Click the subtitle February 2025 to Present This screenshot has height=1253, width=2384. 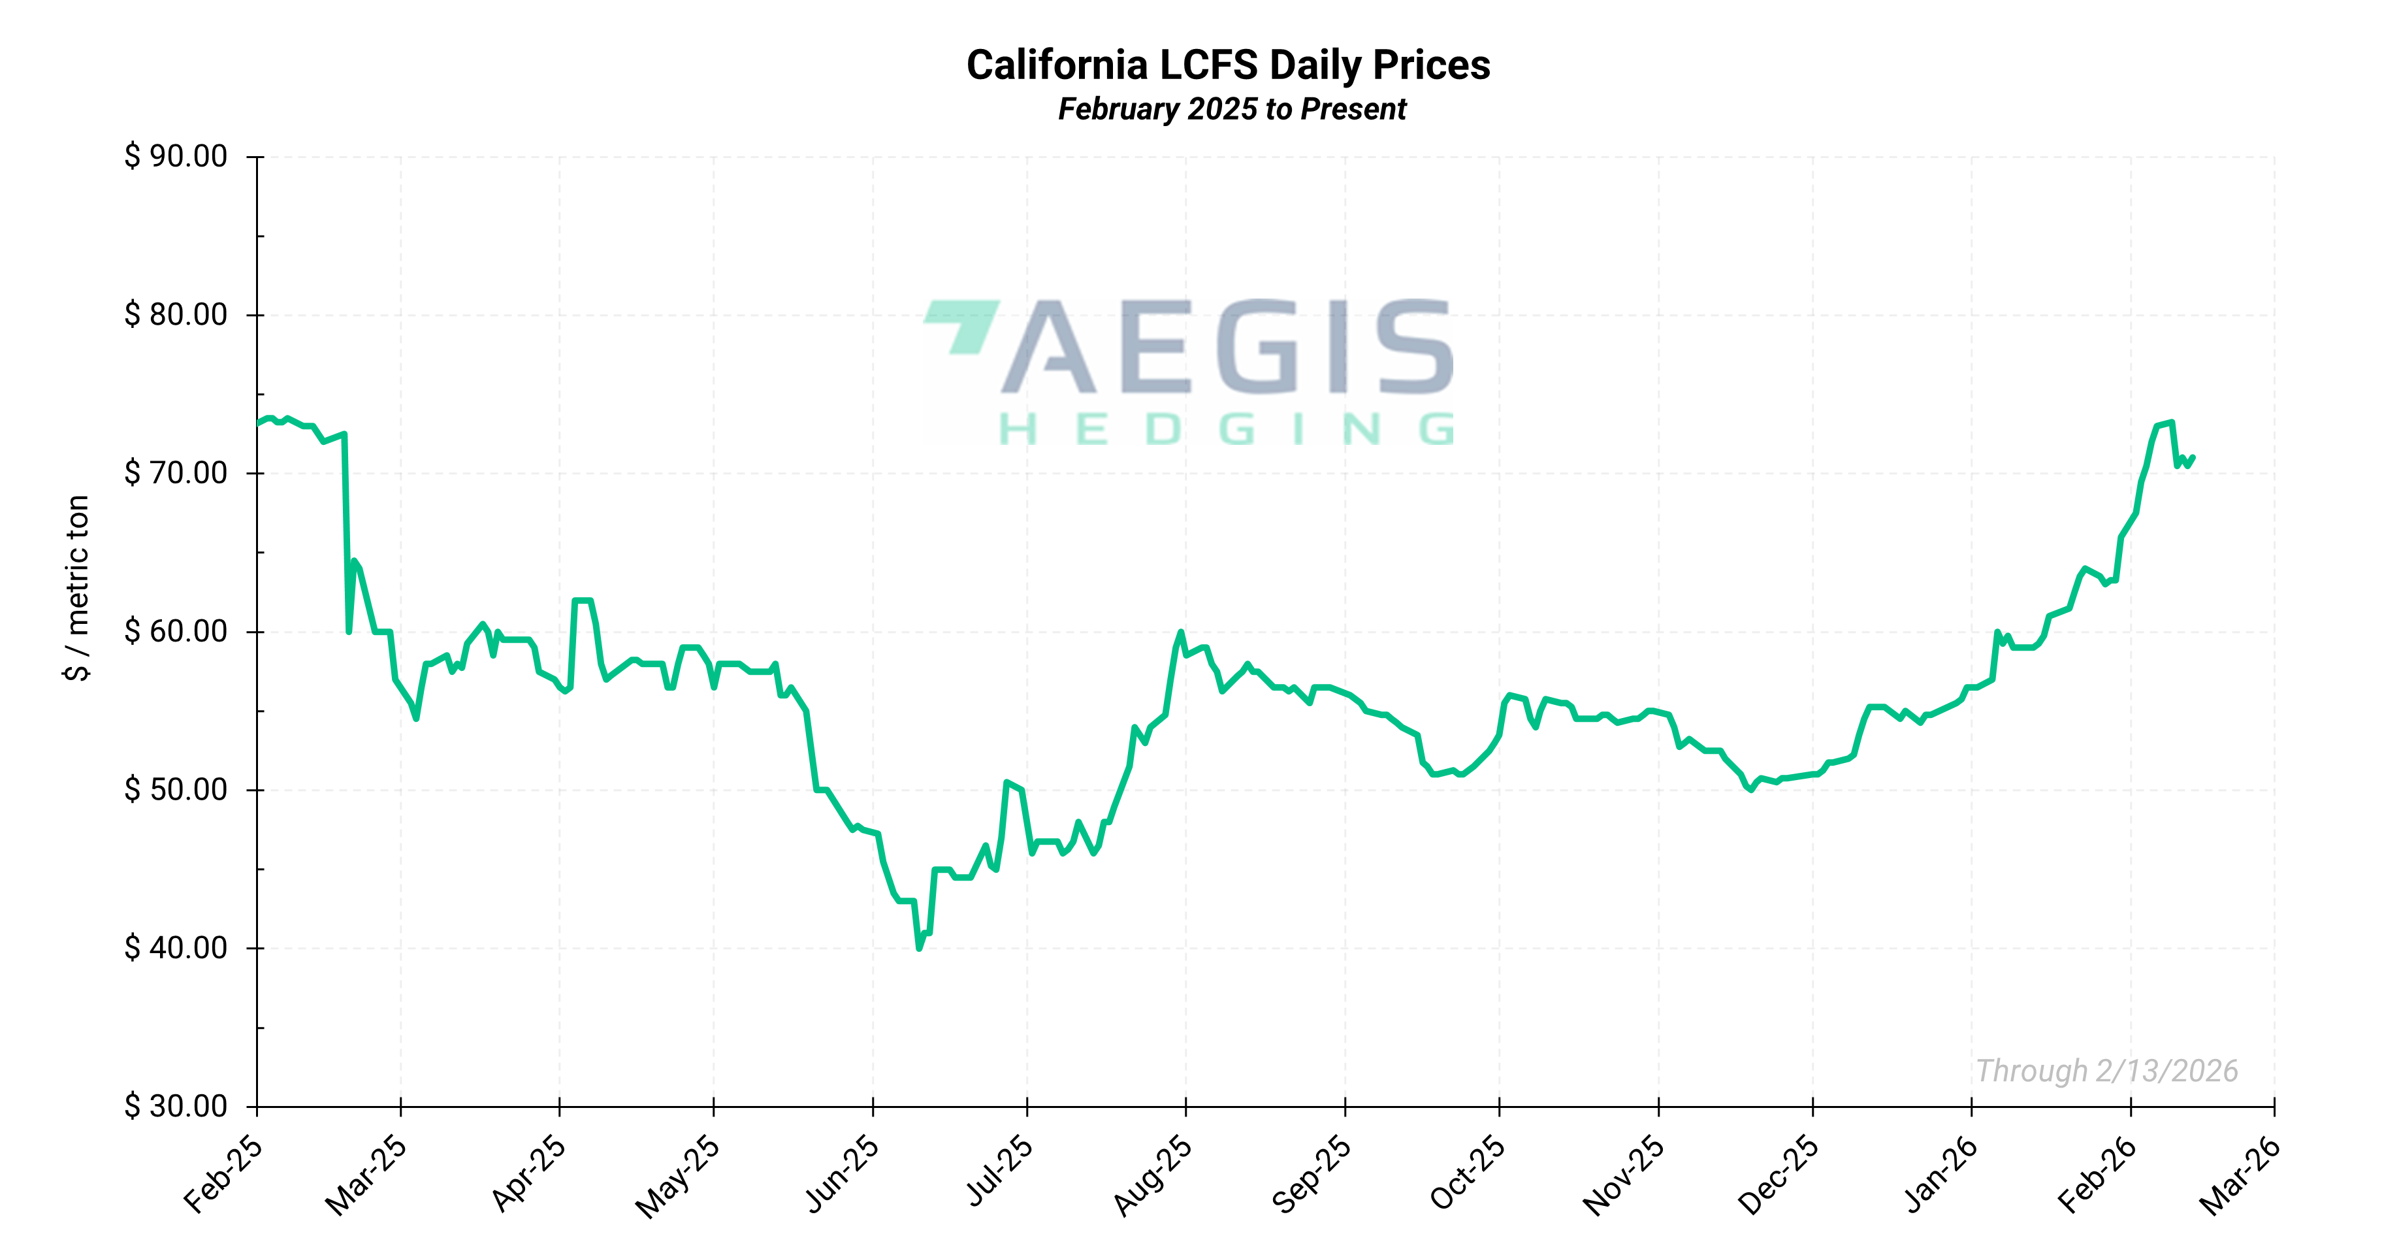1232,109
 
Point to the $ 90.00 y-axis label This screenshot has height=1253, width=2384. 176,156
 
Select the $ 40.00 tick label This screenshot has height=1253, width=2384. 176,948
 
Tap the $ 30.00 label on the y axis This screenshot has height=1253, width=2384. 176,1106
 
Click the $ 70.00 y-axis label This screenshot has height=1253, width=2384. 176,473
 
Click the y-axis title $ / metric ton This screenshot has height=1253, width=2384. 78,589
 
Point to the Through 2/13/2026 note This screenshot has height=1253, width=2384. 2106,1071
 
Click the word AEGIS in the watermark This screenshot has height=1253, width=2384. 1227,347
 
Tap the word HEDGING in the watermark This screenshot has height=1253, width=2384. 1227,429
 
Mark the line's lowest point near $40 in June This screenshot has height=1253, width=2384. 919,949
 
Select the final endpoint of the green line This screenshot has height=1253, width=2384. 2193,457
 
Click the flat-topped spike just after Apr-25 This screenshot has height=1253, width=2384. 583,600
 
